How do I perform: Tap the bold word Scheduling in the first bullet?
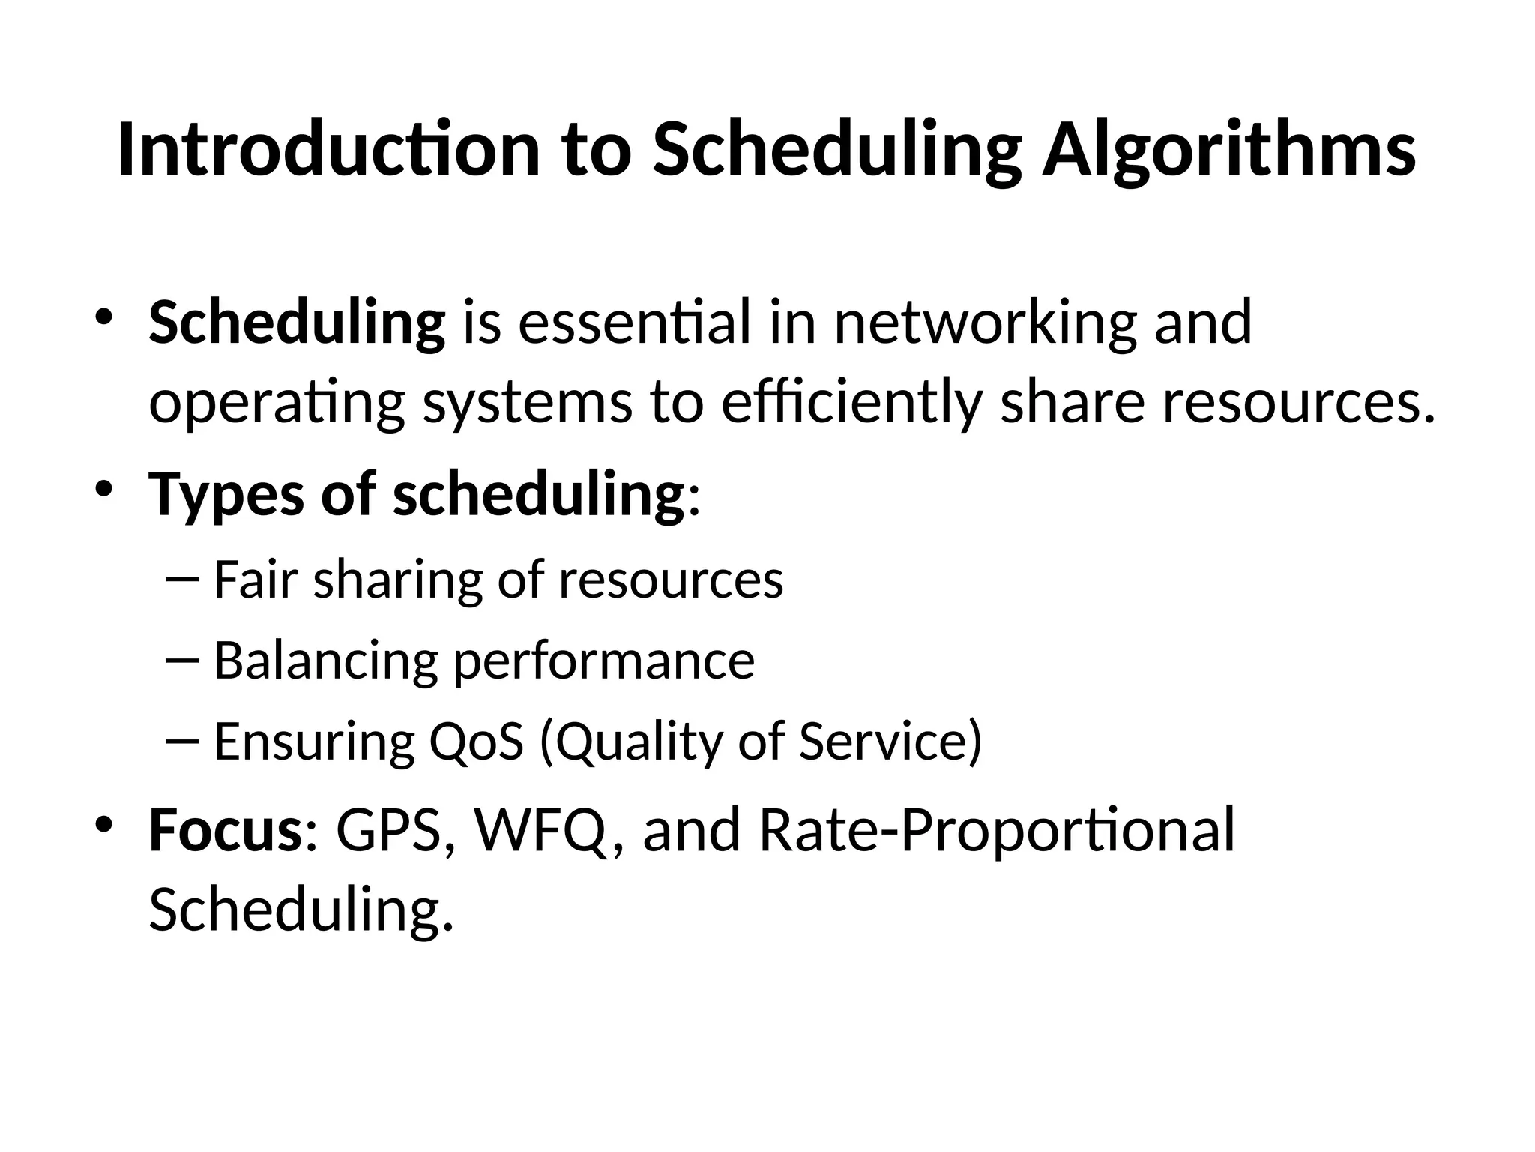(297, 323)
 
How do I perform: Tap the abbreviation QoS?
(475, 742)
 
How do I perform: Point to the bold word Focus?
(225, 831)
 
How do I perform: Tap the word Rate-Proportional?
(996, 831)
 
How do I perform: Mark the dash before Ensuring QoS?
(181, 741)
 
